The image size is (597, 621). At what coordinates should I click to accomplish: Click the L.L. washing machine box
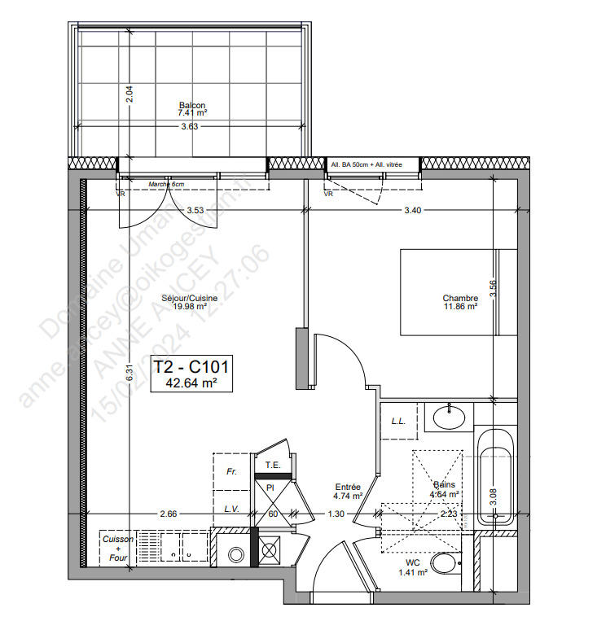(x=399, y=421)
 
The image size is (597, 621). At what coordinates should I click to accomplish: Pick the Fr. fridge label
(x=231, y=471)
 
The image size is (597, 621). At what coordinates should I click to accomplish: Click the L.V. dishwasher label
(x=231, y=509)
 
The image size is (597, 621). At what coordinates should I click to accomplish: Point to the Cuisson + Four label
(x=116, y=547)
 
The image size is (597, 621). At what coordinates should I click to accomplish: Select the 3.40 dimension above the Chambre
(x=413, y=211)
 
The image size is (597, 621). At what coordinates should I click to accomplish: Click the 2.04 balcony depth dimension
(x=128, y=94)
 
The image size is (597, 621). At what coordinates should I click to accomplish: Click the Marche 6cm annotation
(x=166, y=185)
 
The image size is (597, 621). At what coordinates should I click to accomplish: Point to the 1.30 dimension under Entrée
(x=336, y=514)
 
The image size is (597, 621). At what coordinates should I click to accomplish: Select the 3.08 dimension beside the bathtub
(x=493, y=493)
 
